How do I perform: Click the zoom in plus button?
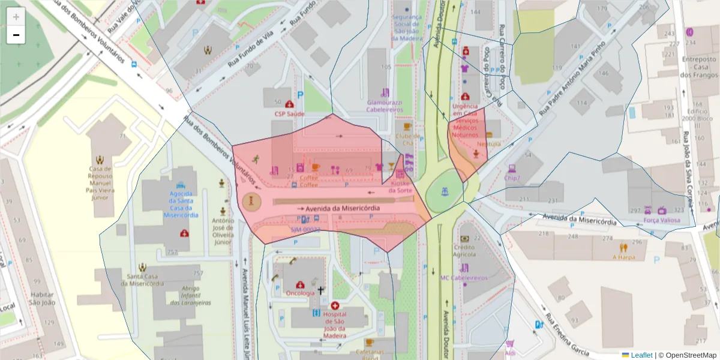[16, 17]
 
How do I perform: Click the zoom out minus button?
[16, 35]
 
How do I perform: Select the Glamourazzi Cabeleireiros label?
[385, 106]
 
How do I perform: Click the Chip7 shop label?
[512, 178]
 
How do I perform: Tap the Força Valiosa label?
[662, 220]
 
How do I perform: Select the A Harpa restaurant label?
[623, 257]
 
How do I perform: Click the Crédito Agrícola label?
[464, 251]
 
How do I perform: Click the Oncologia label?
[300, 293]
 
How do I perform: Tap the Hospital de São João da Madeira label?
[334, 325]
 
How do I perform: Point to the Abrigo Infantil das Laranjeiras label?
[190, 295]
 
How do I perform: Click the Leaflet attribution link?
[641, 355]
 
